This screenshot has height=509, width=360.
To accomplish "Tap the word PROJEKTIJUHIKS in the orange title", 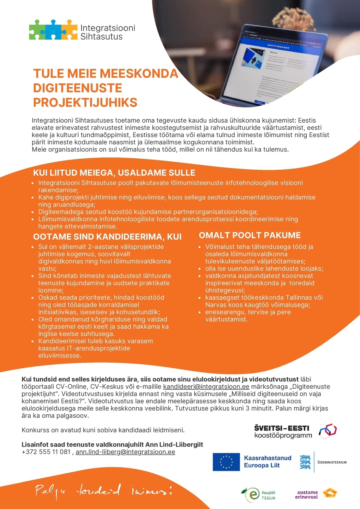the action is point(85,103).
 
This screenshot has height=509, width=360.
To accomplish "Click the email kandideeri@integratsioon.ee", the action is point(206,387).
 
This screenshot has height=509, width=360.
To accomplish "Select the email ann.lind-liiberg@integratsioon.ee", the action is point(125,452).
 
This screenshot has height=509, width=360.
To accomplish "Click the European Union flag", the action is point(226,462).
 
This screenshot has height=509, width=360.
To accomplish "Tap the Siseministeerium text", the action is point(332,462).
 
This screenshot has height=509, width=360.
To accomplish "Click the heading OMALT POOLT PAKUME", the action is point(250,235).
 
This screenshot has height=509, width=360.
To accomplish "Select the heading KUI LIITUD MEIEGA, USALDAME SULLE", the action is point(114,173).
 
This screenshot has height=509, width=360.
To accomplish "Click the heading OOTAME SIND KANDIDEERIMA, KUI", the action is point(107,237).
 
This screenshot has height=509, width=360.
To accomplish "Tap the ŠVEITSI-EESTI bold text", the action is point(281,428).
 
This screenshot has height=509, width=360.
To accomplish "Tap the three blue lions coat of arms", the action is point(305,462).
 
